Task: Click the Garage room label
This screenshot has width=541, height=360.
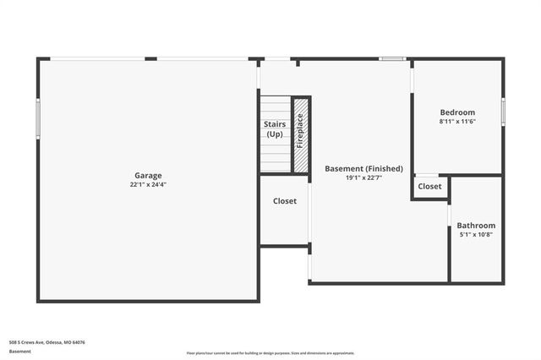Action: click(146, 176)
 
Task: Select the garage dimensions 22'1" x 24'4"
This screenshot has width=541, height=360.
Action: click(146, 184)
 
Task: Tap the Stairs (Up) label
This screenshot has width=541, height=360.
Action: click(274, 129)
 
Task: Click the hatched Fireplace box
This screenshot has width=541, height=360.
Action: click(300, 135)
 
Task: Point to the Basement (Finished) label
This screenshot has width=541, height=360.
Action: click(363, 168)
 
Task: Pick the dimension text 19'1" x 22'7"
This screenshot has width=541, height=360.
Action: click(363, 177)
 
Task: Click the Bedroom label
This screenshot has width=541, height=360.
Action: click(457, 112)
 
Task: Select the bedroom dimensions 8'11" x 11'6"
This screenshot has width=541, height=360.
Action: click(457, 122)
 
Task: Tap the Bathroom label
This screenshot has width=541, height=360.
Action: click(476, 226)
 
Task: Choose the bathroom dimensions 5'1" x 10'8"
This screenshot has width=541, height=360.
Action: click(476, 235)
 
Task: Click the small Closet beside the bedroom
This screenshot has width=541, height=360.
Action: click(429, 186)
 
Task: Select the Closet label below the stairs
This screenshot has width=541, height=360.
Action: click(284, 201)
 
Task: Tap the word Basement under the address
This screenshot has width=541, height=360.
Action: click(20, 351)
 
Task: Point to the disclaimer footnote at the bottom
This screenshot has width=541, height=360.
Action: click(270, 352)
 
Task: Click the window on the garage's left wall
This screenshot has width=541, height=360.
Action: click(38, 118)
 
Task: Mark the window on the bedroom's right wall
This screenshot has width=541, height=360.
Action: click(503, 111)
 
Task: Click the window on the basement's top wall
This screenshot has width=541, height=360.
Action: click(391, 59)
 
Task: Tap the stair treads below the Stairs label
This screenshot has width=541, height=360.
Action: click(275, 156)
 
